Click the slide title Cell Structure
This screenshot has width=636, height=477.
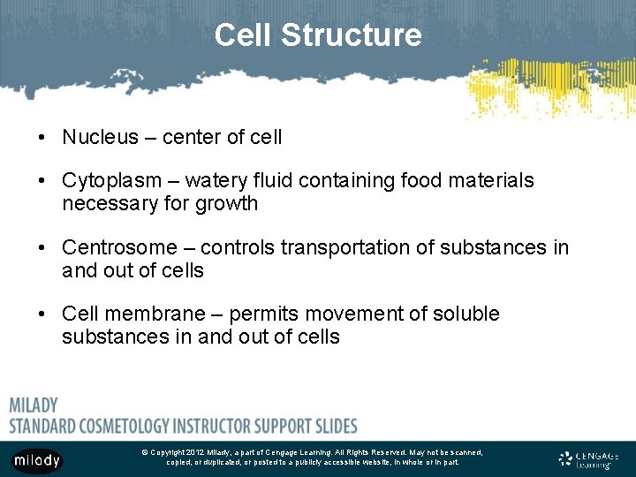pos(318,35)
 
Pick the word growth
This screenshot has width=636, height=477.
pos(228,204)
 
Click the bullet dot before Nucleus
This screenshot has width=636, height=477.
pos(42,138)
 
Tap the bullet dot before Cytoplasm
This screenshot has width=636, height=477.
pos(42,182)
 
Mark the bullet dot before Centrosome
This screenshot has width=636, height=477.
pos(42,249)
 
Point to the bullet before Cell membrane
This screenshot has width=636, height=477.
pos(42,315)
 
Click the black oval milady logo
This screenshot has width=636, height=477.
pos(36,460)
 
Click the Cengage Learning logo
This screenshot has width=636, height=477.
pos(588,459)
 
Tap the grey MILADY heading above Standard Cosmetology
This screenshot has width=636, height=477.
pos(34,405)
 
